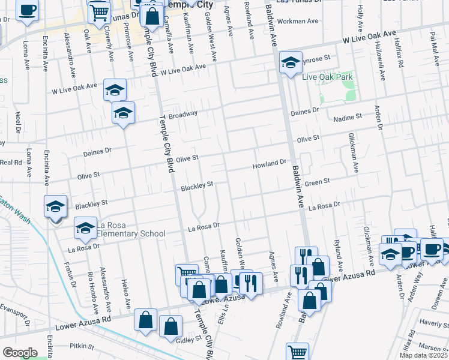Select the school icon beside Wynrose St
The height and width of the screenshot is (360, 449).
point(291,63)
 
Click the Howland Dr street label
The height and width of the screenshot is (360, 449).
point(270,163)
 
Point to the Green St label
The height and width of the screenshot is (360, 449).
point(318,181)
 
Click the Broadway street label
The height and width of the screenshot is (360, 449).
point(182,114)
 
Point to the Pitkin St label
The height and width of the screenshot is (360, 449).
point(82,346)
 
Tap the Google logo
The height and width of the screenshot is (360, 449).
point(20,353)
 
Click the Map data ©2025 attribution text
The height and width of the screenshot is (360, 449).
point(423,355)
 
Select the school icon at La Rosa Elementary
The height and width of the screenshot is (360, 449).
point(85,227)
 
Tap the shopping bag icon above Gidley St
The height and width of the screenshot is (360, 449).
point(171,326)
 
